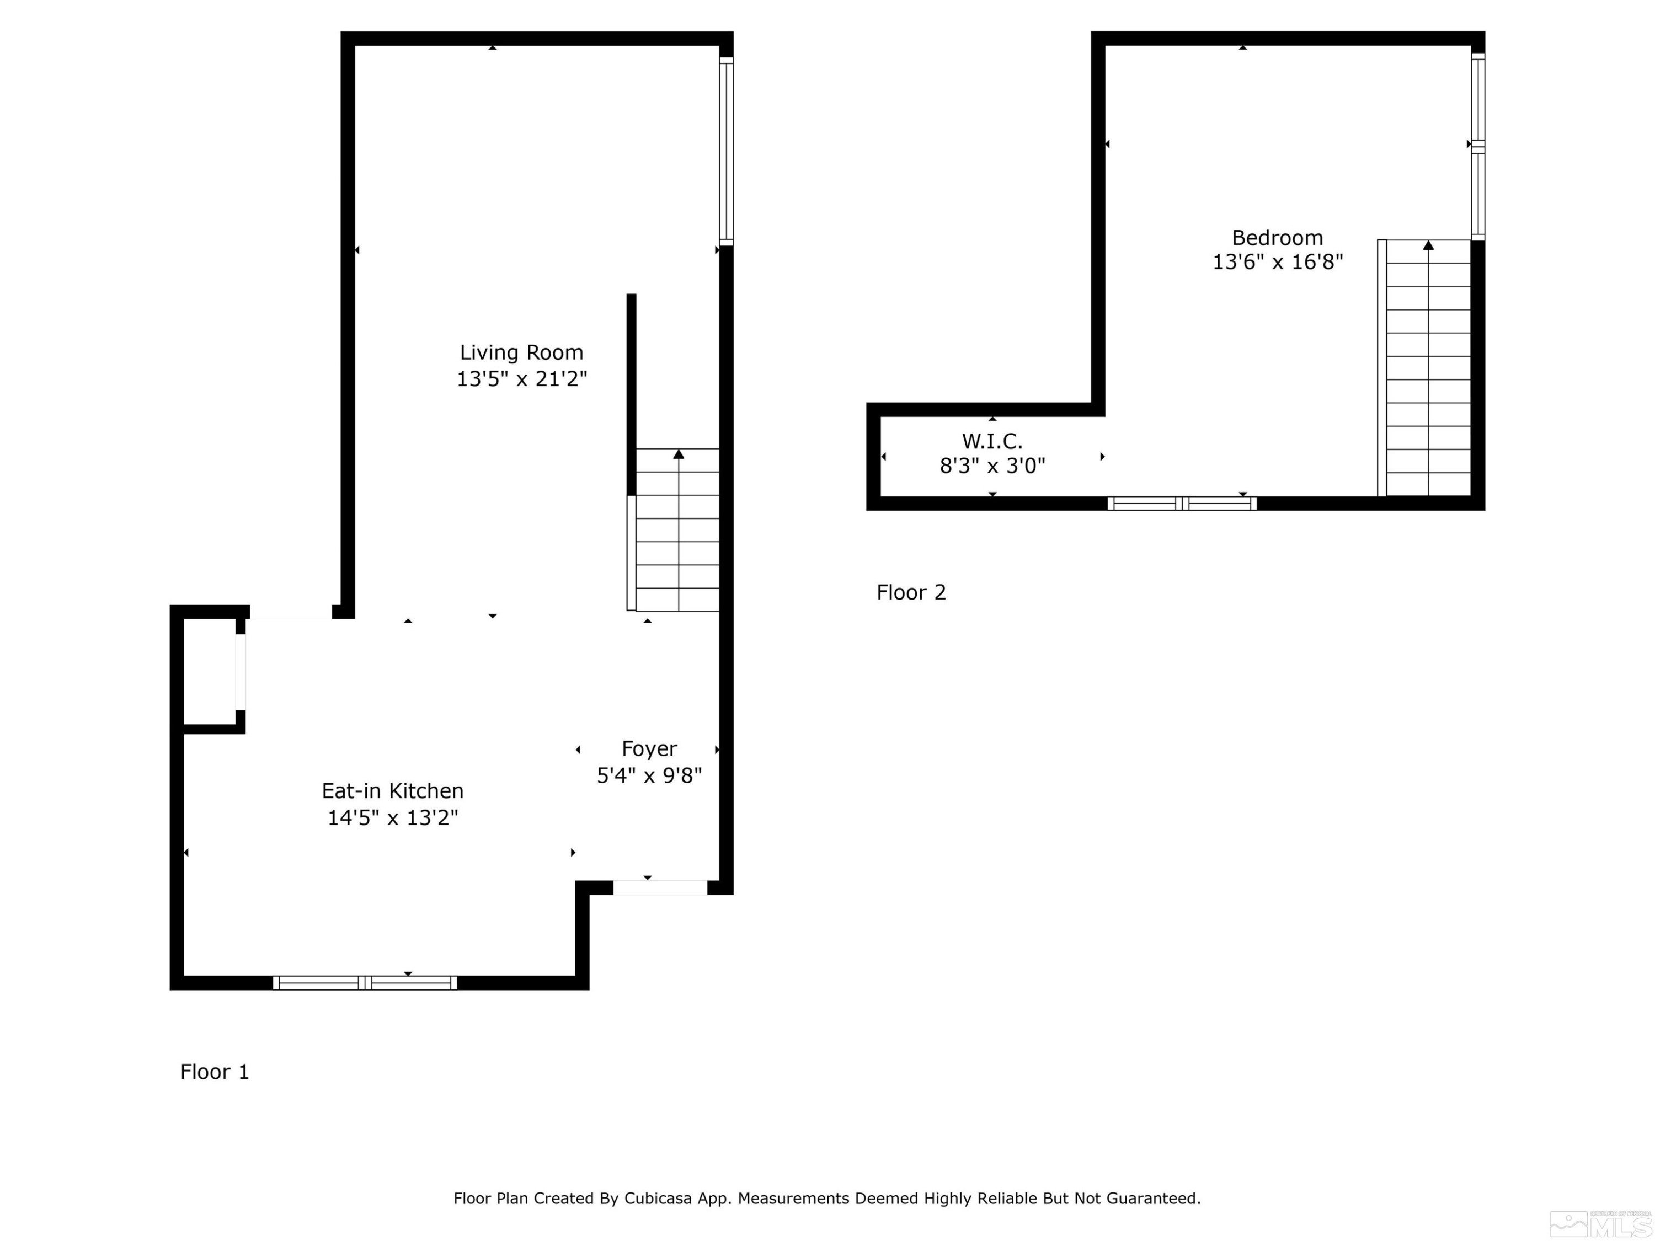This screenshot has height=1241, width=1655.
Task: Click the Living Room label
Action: coord(521,352)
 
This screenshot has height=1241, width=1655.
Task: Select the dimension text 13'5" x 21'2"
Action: coord(521,378)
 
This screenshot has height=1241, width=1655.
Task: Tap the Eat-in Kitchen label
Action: coord(392,791)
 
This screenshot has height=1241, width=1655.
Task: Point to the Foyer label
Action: coord(649,749)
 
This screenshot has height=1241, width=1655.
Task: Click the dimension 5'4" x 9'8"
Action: coord(649,775)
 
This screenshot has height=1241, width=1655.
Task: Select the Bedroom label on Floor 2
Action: coord(1277,238)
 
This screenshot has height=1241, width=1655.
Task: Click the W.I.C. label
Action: coord(992,441)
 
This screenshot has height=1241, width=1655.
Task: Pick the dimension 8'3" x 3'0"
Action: coord(992,466)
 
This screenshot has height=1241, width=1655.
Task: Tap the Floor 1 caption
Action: coord(214,1072)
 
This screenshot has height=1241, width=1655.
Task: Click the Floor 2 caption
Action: coord(911,592)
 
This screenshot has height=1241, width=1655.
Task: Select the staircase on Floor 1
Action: coord(677,531)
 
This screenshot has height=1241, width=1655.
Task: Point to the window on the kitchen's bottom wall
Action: coord(364,983)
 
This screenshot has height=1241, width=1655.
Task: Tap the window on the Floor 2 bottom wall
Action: coord(1182,504)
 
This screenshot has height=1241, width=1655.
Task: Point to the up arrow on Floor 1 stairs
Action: coord(678,454)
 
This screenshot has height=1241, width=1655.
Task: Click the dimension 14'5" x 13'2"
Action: coord(392,817)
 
